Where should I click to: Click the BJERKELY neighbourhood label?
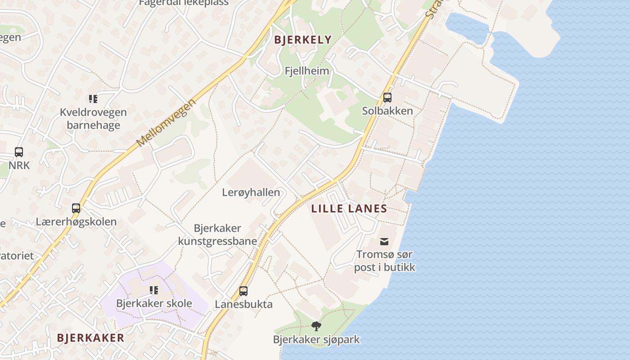click(303, 40)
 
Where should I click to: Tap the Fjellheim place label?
click(307, 71)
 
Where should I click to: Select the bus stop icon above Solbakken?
click(387, 98)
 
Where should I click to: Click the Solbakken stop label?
click(387, 111)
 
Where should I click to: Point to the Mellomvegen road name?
click(167, 122)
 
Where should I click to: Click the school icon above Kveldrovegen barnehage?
click(93, 99)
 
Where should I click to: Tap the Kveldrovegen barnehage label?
click(93, 119)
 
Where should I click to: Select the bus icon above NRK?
click(19, 152)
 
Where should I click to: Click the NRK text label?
click(19, 165)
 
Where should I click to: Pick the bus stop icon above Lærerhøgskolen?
click(76, 208)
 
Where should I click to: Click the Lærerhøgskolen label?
click(76, 221)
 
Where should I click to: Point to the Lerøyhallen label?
click(251, 193)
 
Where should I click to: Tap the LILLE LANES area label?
click(349, 208)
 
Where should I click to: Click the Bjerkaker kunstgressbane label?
click(218, 234)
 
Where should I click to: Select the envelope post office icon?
click(384, 242)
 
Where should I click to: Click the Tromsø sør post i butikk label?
click(384, 261)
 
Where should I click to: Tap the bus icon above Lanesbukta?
click(243, 291)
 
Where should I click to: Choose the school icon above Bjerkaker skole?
click(154, 290)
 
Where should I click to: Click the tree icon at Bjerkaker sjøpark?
click(316, 326)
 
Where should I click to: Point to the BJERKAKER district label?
click(90, 338)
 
